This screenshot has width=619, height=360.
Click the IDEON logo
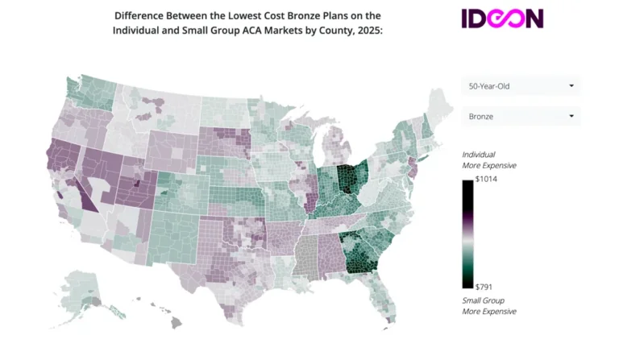(x=502, y=19)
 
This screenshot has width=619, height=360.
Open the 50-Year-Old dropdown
(x=521, y=85)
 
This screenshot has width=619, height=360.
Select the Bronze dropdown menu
(x=521, y=116)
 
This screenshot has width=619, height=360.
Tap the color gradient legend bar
(x=467, y=234)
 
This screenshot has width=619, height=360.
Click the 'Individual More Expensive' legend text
(x=488, y=159)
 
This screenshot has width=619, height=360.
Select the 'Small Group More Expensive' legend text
(x=488, y=305)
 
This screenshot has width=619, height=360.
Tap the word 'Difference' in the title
(x=143, y=15)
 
